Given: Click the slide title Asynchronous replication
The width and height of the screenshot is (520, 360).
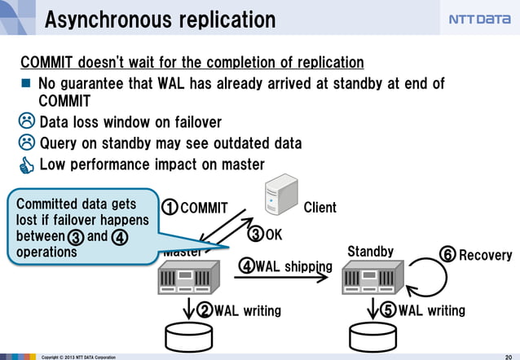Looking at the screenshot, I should [160, 19].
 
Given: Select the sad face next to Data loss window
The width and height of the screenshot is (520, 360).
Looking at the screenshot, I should [27, 122].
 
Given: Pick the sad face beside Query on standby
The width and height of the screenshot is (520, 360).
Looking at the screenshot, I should [27, 143].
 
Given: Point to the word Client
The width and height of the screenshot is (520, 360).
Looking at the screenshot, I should [319, 208].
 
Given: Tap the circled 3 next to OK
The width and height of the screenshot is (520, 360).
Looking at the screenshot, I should [255, 235].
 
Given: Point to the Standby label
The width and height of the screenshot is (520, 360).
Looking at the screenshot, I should [370, 252].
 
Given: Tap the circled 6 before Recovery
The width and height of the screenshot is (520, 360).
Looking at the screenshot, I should [447, 255].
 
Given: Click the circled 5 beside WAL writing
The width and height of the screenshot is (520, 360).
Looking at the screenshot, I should [389, 310].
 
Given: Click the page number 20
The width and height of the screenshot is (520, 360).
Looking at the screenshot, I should [508, 356].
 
